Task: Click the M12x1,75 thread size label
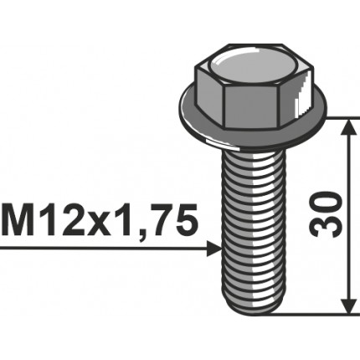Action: click(100, 222)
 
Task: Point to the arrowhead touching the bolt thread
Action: click(213, 249)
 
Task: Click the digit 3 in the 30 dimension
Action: click(331, 229)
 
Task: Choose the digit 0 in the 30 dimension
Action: click(331, 202)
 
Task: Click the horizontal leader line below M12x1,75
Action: click(100, 249)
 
